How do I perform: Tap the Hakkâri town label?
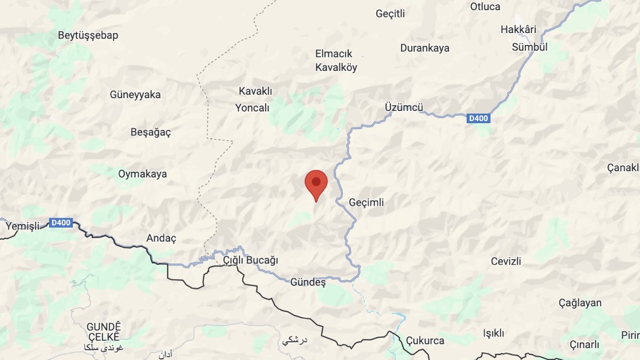518,29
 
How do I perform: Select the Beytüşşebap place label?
88,36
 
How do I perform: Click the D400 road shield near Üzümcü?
478,118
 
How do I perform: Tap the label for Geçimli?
366,203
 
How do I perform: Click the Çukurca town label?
425,340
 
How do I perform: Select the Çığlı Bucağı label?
251,260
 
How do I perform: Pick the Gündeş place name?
308,282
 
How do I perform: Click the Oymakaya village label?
142,174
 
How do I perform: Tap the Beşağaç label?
151,132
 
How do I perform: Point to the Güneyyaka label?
135,95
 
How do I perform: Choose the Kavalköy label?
336,68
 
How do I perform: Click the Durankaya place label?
425,48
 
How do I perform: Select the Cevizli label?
506,261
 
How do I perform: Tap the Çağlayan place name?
580,303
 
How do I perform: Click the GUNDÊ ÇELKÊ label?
105,332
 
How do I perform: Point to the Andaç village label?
161,238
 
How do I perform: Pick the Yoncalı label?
252,108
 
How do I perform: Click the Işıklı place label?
493,333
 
